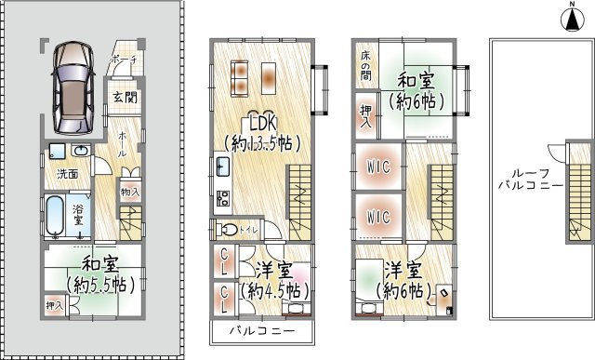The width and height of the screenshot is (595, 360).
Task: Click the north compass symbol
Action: tap(570, 16)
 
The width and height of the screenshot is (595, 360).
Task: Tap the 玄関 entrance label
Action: tap(124, 97)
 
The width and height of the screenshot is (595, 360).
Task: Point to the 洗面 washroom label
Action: tap(67, 173)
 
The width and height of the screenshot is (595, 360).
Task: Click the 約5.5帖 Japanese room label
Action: tap(96, 274)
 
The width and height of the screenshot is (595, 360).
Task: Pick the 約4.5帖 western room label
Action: tap(274, 282)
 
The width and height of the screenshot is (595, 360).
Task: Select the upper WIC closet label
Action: tap(377, 167)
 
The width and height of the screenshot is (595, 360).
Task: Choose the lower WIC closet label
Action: tap(377, 217)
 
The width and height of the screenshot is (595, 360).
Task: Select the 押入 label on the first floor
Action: tap(55, 303)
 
